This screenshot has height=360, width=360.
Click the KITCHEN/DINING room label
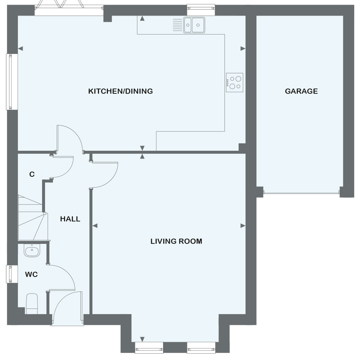121,91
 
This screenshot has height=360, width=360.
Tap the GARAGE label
301,91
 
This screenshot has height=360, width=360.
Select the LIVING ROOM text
176,241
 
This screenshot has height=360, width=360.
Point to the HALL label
70,219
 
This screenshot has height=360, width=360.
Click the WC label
31,275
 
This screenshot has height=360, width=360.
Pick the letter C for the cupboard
32,175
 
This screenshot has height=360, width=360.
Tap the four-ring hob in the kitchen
235,82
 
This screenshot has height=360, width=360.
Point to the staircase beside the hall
32,218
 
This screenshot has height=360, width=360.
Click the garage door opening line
301,193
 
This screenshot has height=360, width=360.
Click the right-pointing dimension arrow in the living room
243,226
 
